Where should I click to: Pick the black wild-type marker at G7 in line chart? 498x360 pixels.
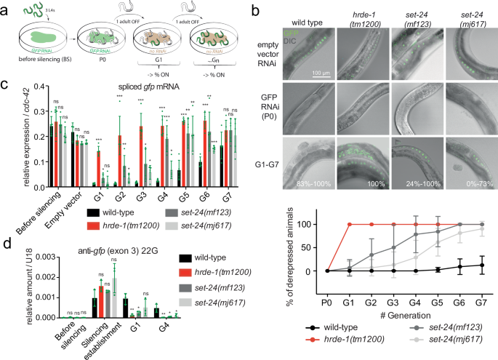click(474, 265)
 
